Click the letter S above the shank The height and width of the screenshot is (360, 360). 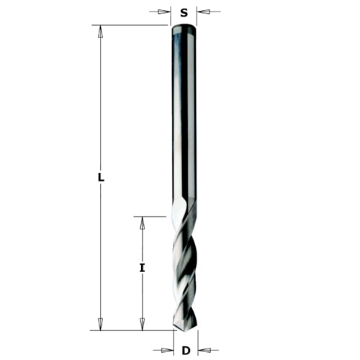[184, 12]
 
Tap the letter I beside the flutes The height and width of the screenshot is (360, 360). [143, 268]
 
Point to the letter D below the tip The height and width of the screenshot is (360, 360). [185, 351]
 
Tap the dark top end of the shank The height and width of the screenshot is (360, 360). [184, 30]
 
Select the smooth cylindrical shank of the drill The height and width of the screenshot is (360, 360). [184, 115]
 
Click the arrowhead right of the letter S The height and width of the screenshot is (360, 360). [202, 12]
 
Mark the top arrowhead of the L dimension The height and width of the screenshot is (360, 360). [100, 31]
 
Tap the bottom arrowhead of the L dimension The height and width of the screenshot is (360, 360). [100, 325]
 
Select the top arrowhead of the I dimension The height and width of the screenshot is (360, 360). [143, 222]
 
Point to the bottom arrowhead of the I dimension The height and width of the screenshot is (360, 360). [143, 325]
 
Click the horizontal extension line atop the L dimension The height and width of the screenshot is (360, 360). [130, 25]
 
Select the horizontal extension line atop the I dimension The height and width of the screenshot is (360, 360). [151, 215]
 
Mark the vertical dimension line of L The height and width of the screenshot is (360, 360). [100, 108]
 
